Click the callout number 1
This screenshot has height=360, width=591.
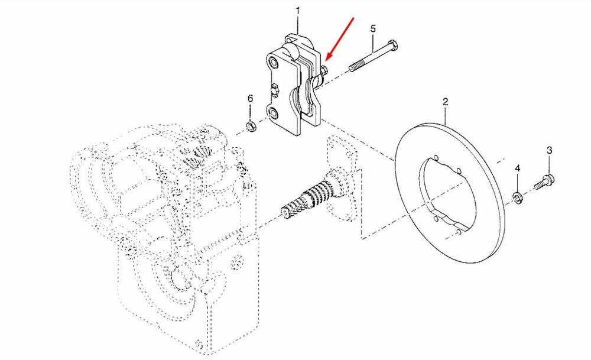pyautogui.click(x=298, y=11)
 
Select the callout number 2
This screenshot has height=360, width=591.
pyautogui.click(x=446, y=102)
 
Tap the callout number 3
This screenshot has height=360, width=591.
pyautogui.click(x=550, y=150)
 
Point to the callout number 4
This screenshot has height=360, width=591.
pyautogui.click(x=518, y=168)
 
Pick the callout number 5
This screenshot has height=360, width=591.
pyautogui.click(x=373, y=28)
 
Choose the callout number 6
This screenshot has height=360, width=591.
pyautogui.click(x=250, y=99)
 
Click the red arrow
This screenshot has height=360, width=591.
pyautogui.click(x=340, y=38)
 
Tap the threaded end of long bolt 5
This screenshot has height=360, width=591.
pyautogui.click(x=356, y=67)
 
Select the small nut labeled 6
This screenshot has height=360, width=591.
pyautogui.click(x=250, y=126)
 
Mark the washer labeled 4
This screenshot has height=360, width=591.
pyautogui.click(x=517, y=197)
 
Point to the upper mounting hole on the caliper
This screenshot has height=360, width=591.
pyautogui.click(x=274, y=63)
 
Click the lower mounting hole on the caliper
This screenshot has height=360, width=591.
pyautogui.click(x=273, y=112)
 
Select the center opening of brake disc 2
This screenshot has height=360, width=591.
pyautogui.click(x=449, y=192)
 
